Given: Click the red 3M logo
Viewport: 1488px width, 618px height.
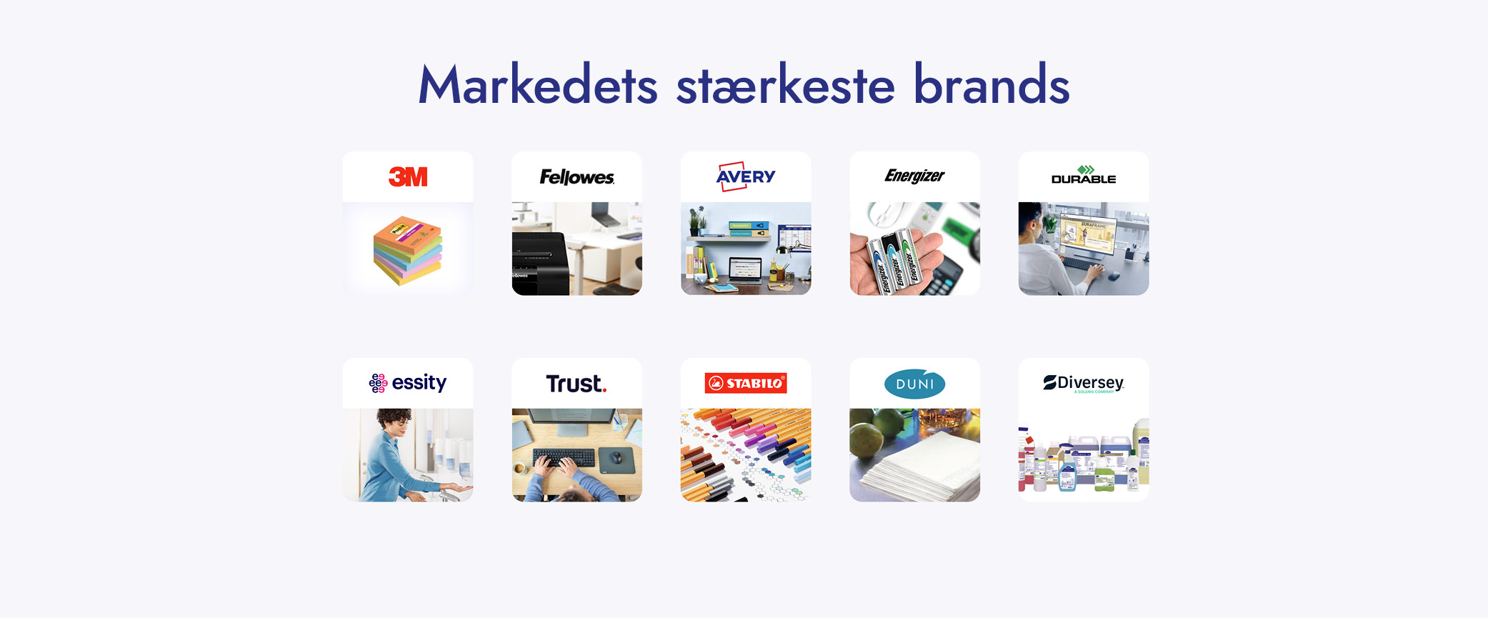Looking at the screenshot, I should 408,176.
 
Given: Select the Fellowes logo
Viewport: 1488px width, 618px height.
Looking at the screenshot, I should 576,177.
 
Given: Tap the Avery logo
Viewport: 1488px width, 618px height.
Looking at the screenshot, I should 746,176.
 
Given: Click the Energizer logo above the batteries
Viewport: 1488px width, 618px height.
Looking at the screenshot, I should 914,176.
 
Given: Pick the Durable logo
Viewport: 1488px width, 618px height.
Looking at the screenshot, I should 1084,176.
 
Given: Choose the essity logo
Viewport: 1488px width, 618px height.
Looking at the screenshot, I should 408,383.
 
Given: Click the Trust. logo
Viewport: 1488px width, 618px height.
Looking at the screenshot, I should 576,384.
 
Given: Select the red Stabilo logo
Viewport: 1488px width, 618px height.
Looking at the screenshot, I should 746,383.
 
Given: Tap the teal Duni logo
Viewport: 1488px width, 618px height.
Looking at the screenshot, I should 914,384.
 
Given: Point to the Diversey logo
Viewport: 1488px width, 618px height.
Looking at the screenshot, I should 1084,383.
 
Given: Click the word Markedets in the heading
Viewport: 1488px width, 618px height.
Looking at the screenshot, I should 537,86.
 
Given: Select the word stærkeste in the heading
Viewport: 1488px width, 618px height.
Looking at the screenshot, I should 785,86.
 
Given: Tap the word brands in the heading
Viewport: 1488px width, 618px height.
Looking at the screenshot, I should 992,86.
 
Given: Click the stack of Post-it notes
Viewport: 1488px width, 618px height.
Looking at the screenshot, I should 407,250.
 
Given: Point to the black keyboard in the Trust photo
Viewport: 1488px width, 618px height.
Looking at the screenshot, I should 564,457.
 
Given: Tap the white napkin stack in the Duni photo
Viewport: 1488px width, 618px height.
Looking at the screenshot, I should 922,468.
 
